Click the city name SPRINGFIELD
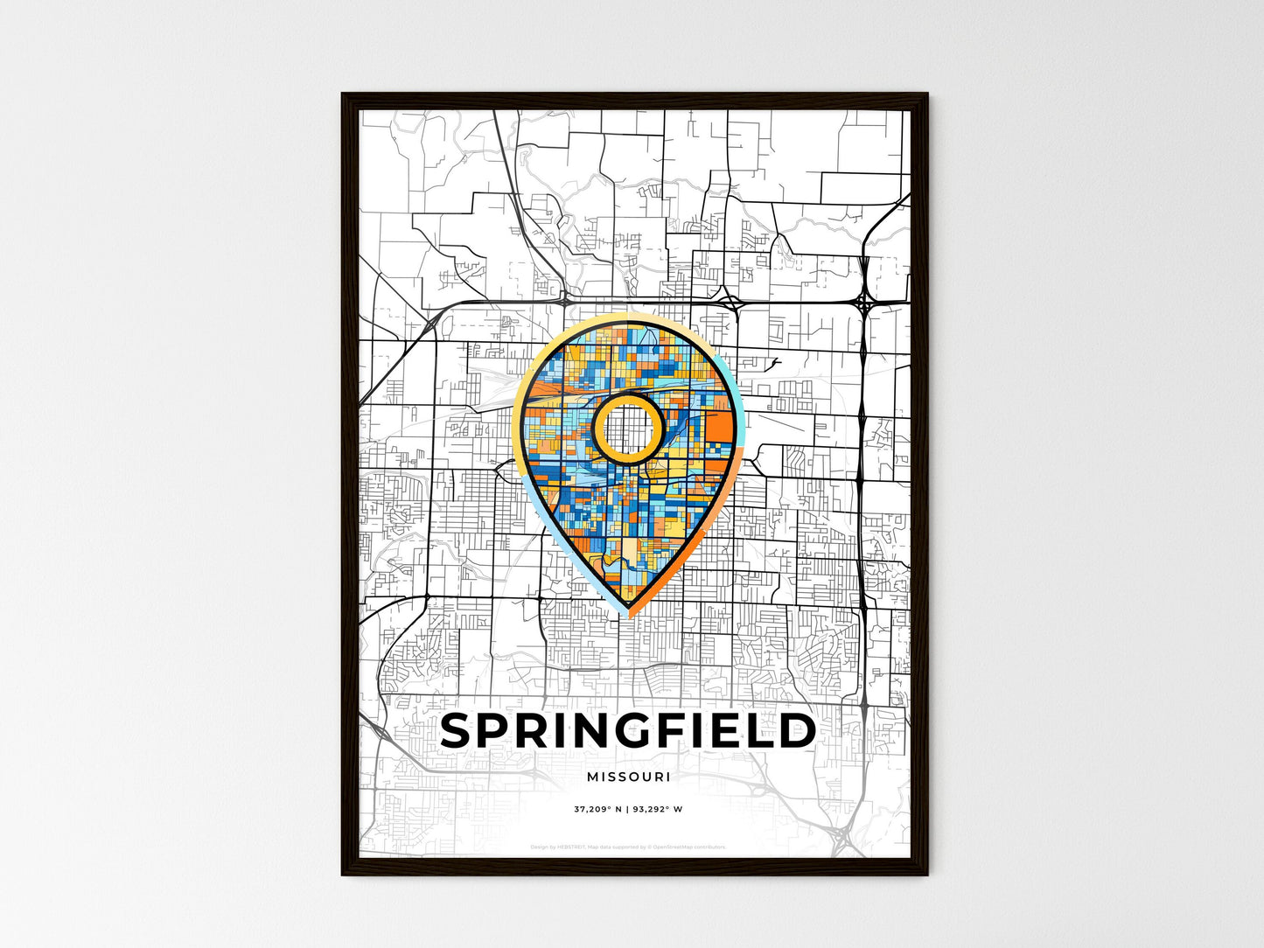coord(628,732)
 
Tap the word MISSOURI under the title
coord(628,777)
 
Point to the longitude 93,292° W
coord(658,809)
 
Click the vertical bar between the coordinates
coord(627,809)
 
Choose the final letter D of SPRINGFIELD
coord(797,732)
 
